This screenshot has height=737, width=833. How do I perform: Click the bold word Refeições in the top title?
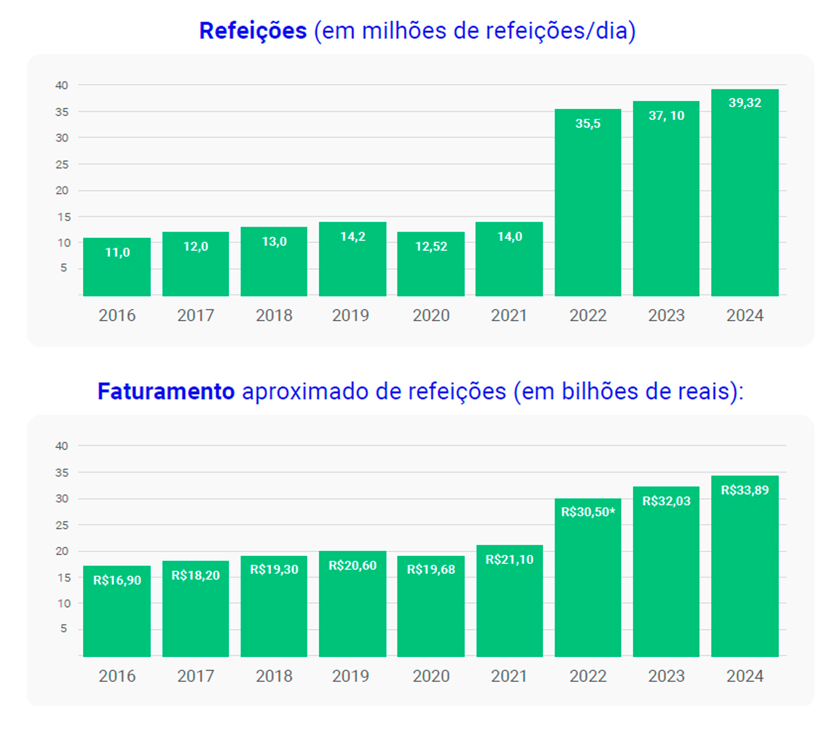coord(253,31)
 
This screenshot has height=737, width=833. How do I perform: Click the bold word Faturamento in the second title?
coord(166,391)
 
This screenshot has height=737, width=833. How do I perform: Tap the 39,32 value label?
coord(744,103)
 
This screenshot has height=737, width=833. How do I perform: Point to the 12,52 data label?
coord(431,246)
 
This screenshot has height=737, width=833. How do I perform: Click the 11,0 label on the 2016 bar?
coord(117,253)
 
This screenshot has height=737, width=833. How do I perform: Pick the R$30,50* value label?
coord(588,512)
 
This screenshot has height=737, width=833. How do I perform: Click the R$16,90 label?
coord(117,580)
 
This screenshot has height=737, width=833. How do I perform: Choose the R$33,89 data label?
coord(744,490)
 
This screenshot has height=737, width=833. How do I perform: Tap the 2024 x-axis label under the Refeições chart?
coord(744,316)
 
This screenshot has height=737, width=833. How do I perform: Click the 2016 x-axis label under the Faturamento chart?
coord(117,676)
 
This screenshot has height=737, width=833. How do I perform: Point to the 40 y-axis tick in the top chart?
coord(62,85)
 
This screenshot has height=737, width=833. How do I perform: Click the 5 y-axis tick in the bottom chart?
coord(63,628)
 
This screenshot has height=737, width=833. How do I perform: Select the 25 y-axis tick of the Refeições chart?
coord(62,165)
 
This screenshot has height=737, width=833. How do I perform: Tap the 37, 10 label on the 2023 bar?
coord(666,116)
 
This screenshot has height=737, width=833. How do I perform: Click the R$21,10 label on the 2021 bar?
coord(509,559)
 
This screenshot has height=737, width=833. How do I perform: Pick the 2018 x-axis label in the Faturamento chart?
coord(274,676)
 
